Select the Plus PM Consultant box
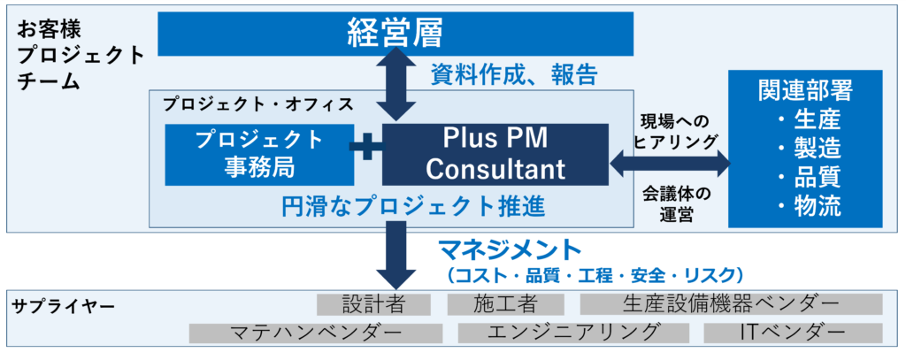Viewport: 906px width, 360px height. coord(495,153)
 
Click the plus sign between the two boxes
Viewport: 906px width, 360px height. coord(364,148)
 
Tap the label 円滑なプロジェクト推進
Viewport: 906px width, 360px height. coord(411,207)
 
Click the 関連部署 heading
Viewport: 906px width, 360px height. coord(805,90)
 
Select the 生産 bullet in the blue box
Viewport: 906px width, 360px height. coord(809,119)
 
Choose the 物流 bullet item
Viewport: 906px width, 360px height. coord(809,206)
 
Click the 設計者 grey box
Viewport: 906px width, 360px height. coord(373,304)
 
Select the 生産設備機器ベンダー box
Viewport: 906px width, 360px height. coord(731,304)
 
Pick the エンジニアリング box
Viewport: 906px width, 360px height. coord(573,333)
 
